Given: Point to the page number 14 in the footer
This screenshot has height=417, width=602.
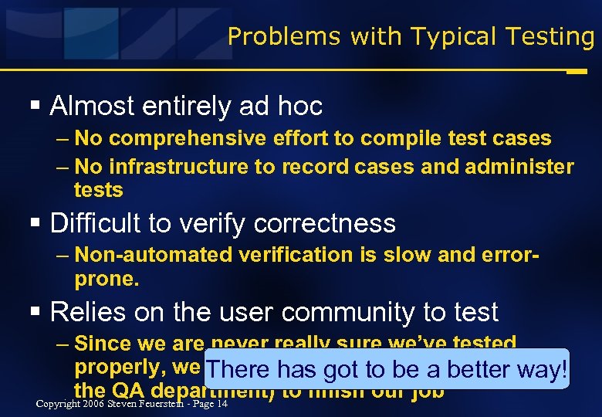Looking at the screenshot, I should pos(222,403).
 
